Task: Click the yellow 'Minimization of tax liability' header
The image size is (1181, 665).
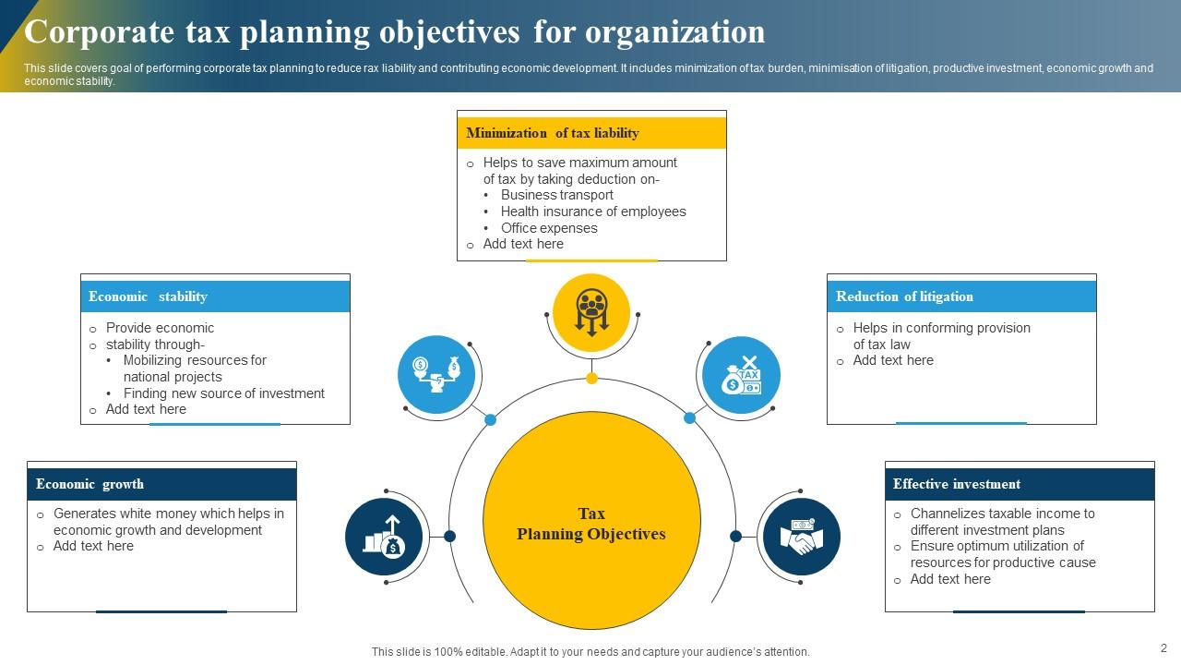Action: pos(591,133)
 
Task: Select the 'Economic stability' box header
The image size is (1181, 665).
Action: pos(215,296)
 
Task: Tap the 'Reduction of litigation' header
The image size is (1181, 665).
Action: pos(961,296)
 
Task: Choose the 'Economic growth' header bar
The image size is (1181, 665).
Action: pos(161,484)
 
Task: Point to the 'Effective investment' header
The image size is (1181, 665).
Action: pos(1020,484)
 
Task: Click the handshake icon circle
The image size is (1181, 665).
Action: pos(801,537)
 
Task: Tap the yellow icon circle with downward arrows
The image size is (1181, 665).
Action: pos(591,312)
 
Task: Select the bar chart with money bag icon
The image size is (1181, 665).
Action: pos(384,537)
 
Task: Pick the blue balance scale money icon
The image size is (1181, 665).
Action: pos(436,374)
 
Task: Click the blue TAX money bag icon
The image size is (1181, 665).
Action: pos(741,375)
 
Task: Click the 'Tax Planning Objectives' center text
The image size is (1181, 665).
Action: pos(591,524)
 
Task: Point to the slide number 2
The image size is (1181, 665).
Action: pos(1163,648)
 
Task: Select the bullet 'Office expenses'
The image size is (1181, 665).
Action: pos(549,228)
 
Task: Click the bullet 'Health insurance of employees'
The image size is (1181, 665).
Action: pos(593,212)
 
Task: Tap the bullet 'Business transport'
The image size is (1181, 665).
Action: pos(556,195)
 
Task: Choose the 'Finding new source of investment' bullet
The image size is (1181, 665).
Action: pos(224,393)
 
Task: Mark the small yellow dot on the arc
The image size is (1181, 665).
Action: pos(592,378)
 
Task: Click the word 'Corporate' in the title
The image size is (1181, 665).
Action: pos(100,32)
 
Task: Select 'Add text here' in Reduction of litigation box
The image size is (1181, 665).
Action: pos(893,360)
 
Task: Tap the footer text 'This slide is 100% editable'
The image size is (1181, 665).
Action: pos(590,652)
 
